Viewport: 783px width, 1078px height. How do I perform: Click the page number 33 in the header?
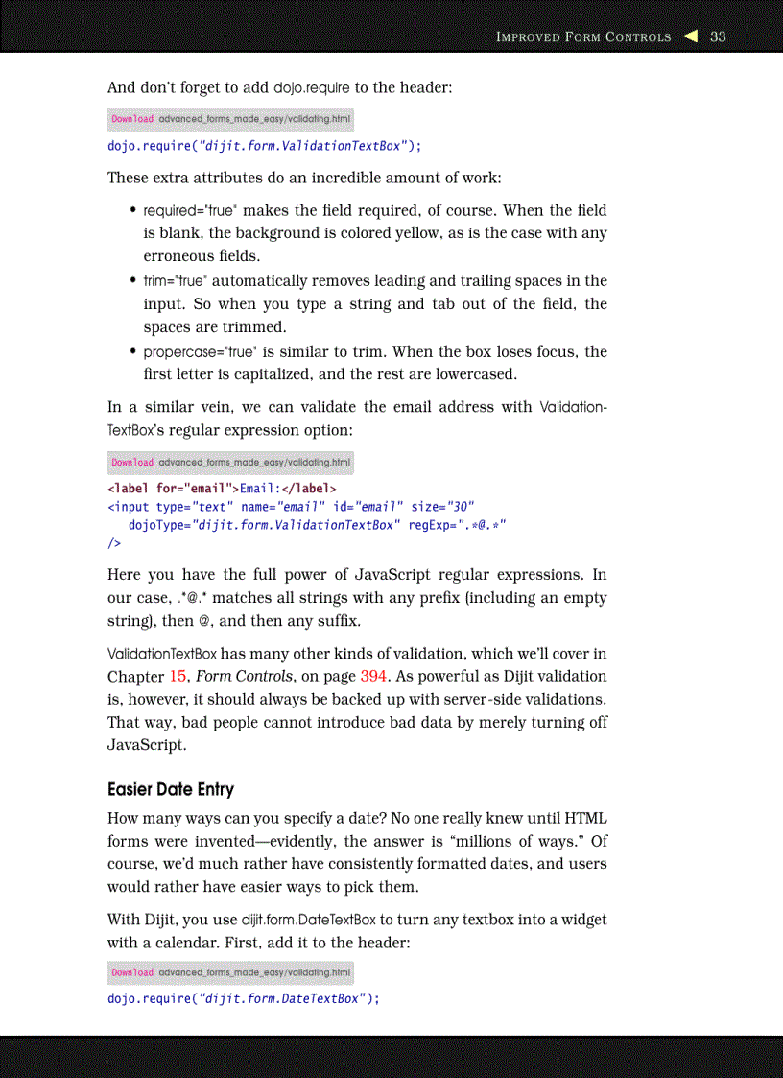click(x=718, y=37)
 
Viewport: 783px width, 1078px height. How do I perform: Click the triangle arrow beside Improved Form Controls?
click(x=690, y=37)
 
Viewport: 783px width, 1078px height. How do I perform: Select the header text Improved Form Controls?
click(x=582, y=37)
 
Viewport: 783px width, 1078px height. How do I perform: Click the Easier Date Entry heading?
click(x=171, y=789)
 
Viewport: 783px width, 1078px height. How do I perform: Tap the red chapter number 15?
click(x=178, y=676)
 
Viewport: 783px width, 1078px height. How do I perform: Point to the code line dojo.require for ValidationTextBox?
click(x=264, y=146)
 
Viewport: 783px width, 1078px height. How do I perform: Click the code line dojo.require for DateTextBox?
click(x=244, y=998)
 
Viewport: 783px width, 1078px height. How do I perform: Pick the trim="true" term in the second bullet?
click(x=175, y=281)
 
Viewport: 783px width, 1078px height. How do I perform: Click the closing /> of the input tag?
click(x=114, y=543)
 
